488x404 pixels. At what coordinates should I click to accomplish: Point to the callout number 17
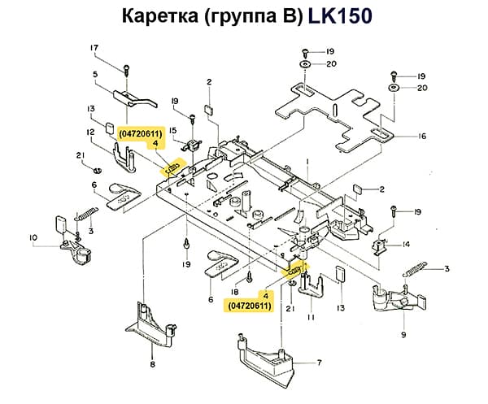[94, 47]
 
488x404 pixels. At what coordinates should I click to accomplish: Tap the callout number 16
[422, 137]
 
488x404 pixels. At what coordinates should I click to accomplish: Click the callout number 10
[33, 238]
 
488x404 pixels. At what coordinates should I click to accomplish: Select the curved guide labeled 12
[122, 159]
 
